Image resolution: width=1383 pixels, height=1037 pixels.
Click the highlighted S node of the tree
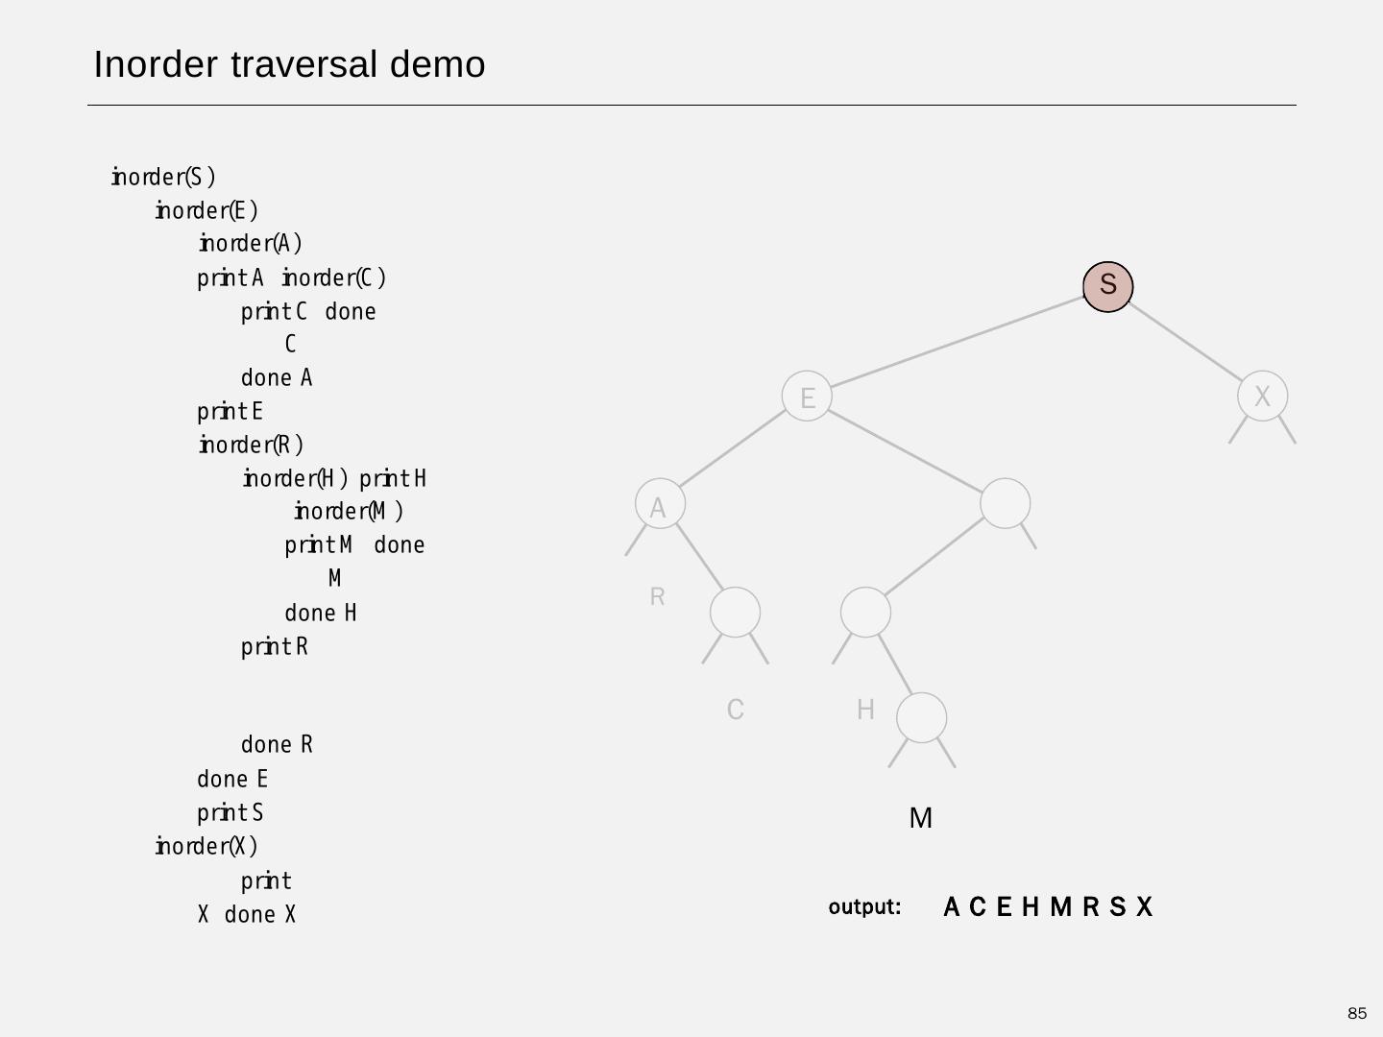pyautogui.click(x=1107, y=285)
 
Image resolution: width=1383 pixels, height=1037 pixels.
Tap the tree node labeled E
pyautogui.click(x=807, y=397)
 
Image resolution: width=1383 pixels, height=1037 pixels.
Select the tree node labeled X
pyautogui.click(x=1262, y=396)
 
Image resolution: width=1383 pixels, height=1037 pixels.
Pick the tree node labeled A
pyautogui.click(x=660, y=504)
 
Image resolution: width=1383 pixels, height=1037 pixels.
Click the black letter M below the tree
pyautogui.click(x=920, y=818)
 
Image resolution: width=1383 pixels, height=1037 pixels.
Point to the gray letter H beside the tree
pyautogui.click(x=865, y=710)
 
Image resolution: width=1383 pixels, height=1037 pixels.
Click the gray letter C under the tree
pyautogui.click(x=736, y=710)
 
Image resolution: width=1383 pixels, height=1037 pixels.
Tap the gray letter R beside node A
pyautogui.click(x=657, y=596)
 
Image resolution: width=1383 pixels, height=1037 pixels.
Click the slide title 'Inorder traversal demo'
pyautogui.click(x=289, y=64)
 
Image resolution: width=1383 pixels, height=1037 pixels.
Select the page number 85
pyautogui.click(x=1356, y=1014)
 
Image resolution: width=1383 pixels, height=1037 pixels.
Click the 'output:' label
pyautogui.click(x=864, y=906)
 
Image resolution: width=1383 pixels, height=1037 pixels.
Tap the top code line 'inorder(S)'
pyautogui.click(x=163, y=178)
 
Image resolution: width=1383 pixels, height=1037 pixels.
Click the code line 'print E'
pyautogui.click(x=230, y=412)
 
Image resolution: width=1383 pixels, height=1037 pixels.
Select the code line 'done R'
pyautogui.click(x=277, y=745)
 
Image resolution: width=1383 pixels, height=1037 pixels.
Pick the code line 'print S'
pyautogui.click(x=230, y=813)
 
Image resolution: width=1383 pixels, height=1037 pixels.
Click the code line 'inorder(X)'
pyautogui.click(x=206, y=847)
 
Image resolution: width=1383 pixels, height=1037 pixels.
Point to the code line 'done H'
pyautogui.click(x=321, y=613)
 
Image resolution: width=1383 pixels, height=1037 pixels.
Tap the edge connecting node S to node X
pyautogui.click(x=1187, y=342)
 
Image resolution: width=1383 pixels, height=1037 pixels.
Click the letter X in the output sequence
pyautogui.click(x=1144, y=907)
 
